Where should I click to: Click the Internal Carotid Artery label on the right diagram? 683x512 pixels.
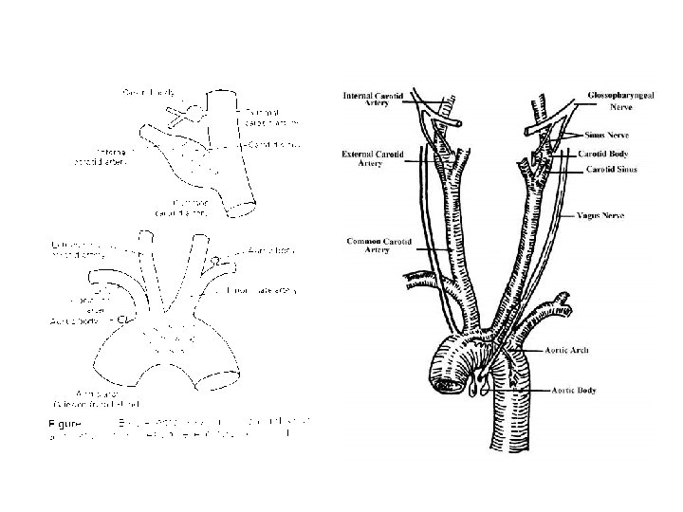(x=372, y=100)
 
